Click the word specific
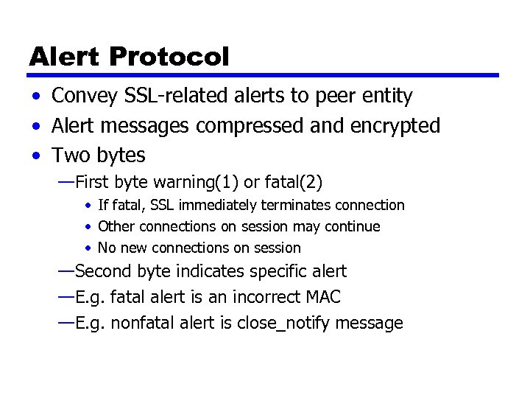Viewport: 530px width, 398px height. click(x=279, y=272)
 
